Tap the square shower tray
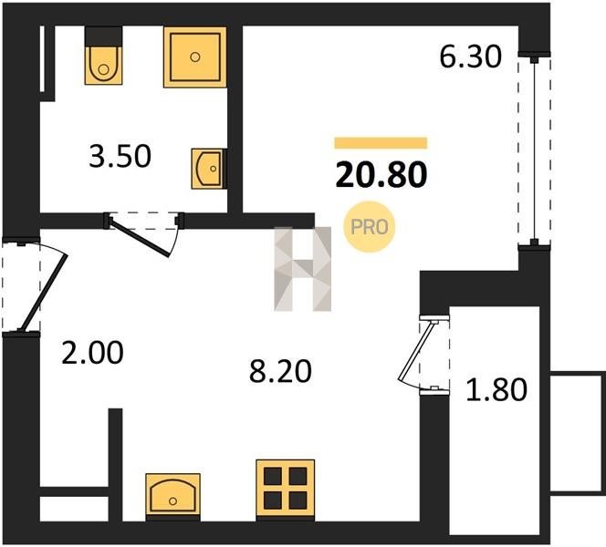[x=194, y=57]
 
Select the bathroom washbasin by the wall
[x=208, y=169]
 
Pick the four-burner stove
[x=286, y=489]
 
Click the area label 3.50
[x=120, y=157]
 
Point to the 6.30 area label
[x=470, y=57]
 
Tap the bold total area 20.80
[x=381, y=175]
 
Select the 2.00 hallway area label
[x=92, y=353]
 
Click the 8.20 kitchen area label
[x=280, y=371]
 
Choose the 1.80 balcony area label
[x=496, y=389]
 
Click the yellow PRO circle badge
[x=369, y=227]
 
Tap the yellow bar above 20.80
[x=381, y=143]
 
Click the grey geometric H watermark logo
[x=303, y=269]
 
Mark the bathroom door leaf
[x=140, y=237]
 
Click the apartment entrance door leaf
[x=44, y=293]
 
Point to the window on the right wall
[x=534, y=150]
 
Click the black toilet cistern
[x=103, y=36]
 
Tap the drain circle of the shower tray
[x=194, y=57]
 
